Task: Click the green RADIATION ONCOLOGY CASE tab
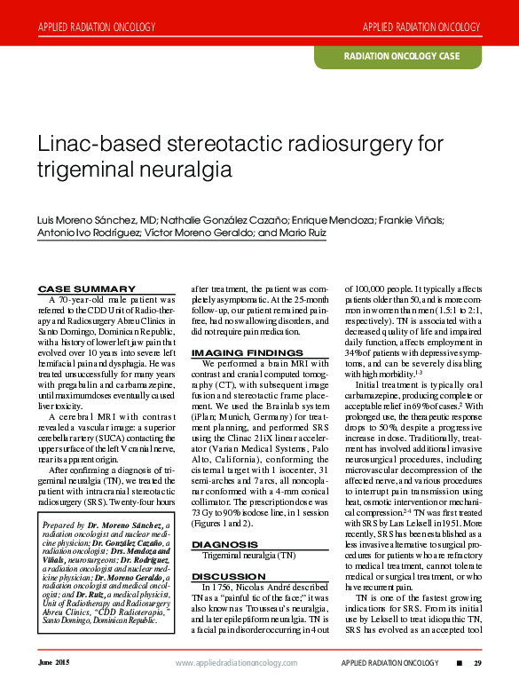click(x=402, y=56)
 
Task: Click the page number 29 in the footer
click(x=477, y=663)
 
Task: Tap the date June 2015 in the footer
click(x=52, y=663)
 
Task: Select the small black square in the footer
click(x=459, y=663)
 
